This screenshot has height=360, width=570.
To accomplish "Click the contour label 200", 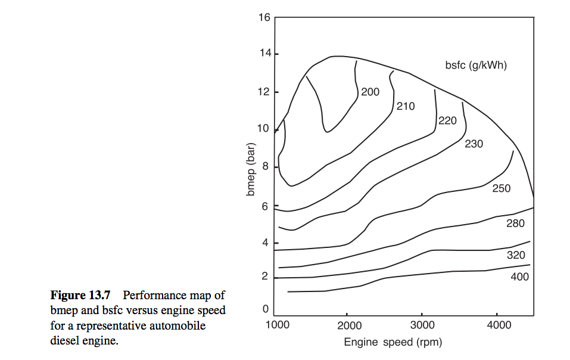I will (370, 92).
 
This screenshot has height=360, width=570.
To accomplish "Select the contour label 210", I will (406, 107).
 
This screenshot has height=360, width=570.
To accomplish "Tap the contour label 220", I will (447, 121).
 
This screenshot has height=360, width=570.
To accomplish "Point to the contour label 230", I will (474, 144).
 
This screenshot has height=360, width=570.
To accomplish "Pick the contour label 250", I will (501, 189).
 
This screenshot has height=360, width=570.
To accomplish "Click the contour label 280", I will (515, 224).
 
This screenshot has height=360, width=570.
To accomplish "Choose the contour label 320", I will (516, 255).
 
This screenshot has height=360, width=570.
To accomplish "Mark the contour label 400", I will (519, 277).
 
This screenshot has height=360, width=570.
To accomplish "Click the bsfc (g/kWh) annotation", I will (476, 66).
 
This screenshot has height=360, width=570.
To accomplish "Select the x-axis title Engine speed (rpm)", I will (393, 342).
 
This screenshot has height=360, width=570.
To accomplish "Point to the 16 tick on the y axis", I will (264, 17).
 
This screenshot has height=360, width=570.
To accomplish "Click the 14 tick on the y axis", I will (264, 54).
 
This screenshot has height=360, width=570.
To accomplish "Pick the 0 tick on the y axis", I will (266, 309).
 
